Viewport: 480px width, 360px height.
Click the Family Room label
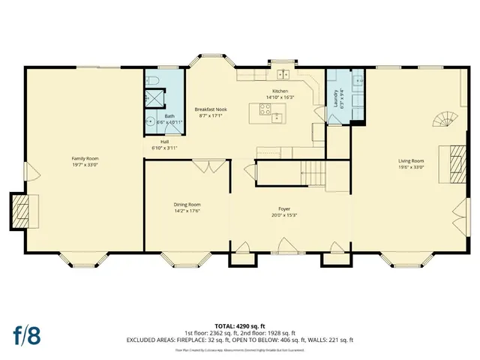click(85, 159)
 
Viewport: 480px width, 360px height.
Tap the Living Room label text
click(410, 160)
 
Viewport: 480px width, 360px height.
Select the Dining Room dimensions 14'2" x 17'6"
click(187, 211)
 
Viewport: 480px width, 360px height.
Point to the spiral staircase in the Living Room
click(444, 120)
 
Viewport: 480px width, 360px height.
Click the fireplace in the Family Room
click(22, 210)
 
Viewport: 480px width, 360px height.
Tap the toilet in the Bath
click(150, 79)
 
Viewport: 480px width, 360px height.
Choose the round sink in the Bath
click(149, 121)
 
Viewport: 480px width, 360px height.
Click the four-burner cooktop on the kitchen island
click(265, 109)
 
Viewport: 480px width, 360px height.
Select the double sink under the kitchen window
click(283, 74)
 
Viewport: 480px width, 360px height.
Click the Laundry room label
click(335, 97)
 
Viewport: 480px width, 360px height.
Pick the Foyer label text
click(284, 208)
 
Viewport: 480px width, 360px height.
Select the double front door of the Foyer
click(285, 247)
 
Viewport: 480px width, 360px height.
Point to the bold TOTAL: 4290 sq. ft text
click(239, 326)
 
